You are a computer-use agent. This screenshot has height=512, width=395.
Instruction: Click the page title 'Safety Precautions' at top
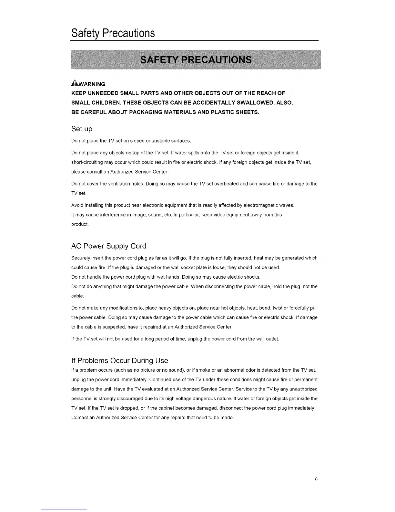[113, 33]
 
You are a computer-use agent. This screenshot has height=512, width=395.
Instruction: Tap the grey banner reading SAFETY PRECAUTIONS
[196, 60]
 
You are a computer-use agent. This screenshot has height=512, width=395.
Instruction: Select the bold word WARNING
[92, 84]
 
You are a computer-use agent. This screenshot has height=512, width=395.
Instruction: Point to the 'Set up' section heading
[82, 129]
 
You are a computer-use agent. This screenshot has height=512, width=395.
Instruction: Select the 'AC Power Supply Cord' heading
[108, 246]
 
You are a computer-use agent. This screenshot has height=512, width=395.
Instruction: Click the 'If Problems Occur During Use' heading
[119, 360]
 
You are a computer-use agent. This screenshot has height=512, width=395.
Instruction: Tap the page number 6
[316, 479]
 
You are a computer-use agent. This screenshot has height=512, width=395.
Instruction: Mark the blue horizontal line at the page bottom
[64, 509]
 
